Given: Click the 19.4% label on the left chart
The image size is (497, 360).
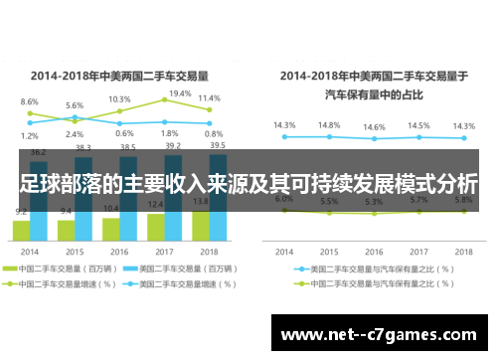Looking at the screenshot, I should pos(180,93).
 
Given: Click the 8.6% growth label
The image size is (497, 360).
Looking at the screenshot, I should pos(30,101).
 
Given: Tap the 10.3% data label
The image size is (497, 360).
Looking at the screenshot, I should pos(119,99).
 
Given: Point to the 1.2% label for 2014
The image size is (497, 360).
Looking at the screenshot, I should pos(30,136).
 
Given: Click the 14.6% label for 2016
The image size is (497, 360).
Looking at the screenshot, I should pos(374,127).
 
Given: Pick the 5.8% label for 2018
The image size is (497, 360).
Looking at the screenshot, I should pos(463,200).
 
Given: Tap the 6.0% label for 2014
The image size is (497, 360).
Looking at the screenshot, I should pos(284,199).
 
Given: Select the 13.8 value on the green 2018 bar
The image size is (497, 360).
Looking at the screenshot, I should pos(200,203).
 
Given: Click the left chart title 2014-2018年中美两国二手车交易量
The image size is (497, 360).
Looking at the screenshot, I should pos(120,74).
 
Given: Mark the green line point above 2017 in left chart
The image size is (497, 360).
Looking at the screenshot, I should pos(165,100).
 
